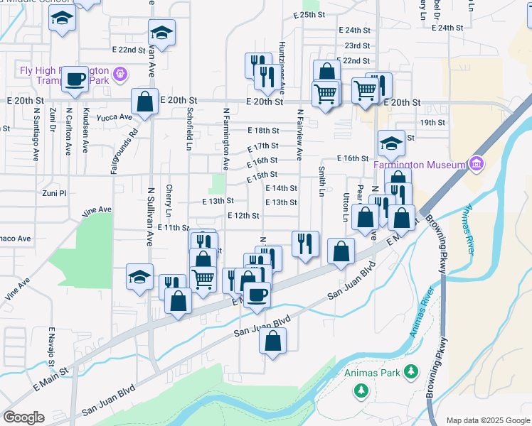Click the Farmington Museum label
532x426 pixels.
[420, 165]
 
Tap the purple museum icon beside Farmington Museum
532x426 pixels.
[477, 165]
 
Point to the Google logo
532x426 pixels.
[23, 417]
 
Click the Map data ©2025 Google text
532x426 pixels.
[488, 420]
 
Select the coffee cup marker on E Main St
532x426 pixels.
[257, 293]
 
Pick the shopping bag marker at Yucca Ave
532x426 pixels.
[145, 102]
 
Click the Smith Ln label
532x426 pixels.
[322, 182]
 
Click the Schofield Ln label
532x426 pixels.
[189, 123]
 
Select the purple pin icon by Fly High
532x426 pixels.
[119, 73]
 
